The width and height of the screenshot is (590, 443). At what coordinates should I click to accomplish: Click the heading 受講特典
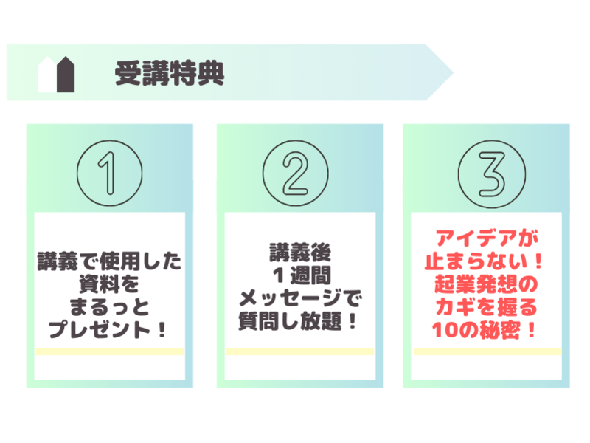(170, 73)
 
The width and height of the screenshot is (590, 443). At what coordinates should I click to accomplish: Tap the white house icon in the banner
(47, 75)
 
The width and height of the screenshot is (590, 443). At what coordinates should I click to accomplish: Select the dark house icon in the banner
(66, 75)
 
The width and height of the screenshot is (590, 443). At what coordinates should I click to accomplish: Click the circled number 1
(109, 174)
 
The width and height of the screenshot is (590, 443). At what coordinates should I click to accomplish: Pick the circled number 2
(296, 174)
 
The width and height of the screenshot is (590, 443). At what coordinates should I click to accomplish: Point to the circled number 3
(492, 174)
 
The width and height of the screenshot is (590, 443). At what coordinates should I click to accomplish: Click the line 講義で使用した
(109, 261)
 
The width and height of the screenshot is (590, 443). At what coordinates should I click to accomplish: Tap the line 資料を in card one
(109, 284)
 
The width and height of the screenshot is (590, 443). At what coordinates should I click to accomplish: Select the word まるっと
(109, 307)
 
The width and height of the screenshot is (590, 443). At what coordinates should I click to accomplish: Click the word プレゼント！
(108, 329)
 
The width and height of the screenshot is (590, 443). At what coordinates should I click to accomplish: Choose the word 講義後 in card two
(300, 253)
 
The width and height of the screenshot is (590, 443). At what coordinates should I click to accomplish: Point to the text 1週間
(302, 275)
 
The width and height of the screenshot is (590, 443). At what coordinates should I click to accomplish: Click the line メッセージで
(300, 298)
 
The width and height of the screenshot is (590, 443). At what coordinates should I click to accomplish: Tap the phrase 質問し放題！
(298, 321)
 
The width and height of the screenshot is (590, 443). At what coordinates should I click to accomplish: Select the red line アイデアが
(487, 238)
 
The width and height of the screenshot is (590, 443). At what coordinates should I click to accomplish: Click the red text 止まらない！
(484, 261)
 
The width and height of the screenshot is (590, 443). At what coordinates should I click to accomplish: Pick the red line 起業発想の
(486, 284)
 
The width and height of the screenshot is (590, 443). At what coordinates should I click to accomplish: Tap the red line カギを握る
(486, 307)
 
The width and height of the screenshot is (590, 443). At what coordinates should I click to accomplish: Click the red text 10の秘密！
(484, 330)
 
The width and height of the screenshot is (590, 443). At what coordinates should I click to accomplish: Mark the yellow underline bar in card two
(300, 352)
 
